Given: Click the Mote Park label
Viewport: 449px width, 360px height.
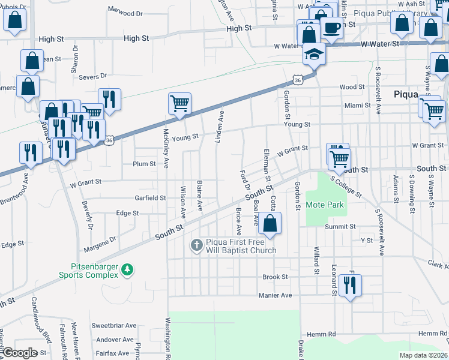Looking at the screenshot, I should click(325, 205).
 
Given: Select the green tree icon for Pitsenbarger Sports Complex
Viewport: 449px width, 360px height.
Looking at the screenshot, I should click(127, 270).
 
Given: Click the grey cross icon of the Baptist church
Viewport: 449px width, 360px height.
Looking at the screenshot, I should click(196, 244).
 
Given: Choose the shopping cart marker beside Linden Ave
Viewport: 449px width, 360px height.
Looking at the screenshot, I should click(179, 104).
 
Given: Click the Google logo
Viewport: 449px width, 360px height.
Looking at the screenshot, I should click(19, 352).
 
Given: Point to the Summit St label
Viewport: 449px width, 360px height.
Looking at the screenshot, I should click(340, 227).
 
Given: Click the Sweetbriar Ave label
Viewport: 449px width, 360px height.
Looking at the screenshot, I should click(114, 325).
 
